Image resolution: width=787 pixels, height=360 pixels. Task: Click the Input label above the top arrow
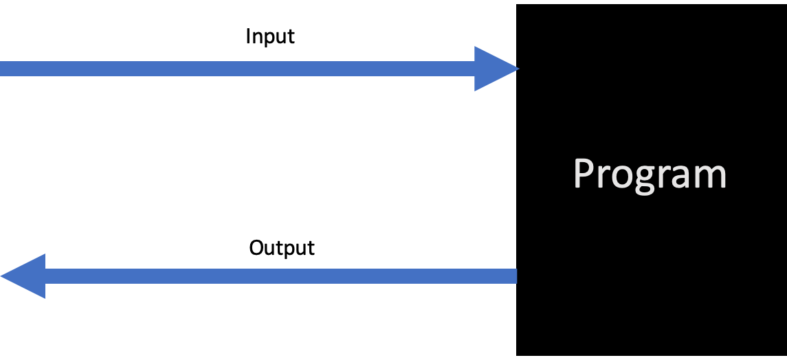tap(270, 37)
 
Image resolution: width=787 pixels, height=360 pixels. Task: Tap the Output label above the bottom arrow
tap(282, 247)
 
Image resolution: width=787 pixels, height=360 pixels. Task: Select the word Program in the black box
tap(650, 175)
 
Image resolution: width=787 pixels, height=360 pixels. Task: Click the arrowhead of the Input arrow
tap(494, 69)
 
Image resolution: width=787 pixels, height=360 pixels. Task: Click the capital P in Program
tap(584, 173)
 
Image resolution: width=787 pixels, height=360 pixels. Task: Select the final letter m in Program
tap(711, 176)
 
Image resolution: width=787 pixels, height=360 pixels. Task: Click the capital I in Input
tap(248, 36)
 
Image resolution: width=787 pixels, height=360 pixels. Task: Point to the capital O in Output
tap(256, 247)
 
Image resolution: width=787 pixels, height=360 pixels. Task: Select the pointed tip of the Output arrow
tap(3, 276)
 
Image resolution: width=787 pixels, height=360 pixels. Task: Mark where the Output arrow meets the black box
tap(516, 276)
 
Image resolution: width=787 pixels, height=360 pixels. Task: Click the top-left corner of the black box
tap(518, 5)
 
